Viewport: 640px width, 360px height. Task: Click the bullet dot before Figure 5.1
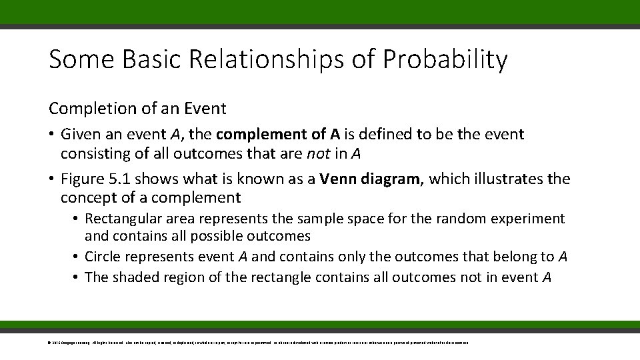51,179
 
